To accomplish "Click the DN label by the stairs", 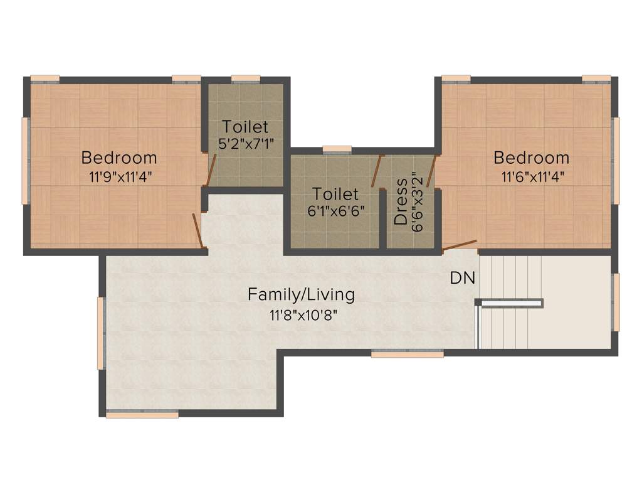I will (463, 278).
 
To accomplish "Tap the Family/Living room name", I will (301, 294).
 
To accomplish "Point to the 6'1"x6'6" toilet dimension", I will (336, 212).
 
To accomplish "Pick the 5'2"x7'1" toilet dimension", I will (245, 144).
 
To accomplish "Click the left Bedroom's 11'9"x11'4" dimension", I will (118, 176).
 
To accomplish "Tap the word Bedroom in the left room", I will (118, 157).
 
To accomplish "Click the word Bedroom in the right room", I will (531, 157).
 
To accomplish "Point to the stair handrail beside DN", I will (509, 304).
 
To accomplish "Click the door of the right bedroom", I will (460, 245).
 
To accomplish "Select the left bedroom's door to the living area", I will (197, 230).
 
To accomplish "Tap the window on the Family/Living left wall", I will (100, 333).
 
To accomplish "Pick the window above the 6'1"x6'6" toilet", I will (337, 149).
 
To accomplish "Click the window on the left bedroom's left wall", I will (26, 161).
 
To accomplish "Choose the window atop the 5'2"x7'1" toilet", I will (245, 78).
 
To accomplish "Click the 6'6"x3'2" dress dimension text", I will (416, 201).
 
